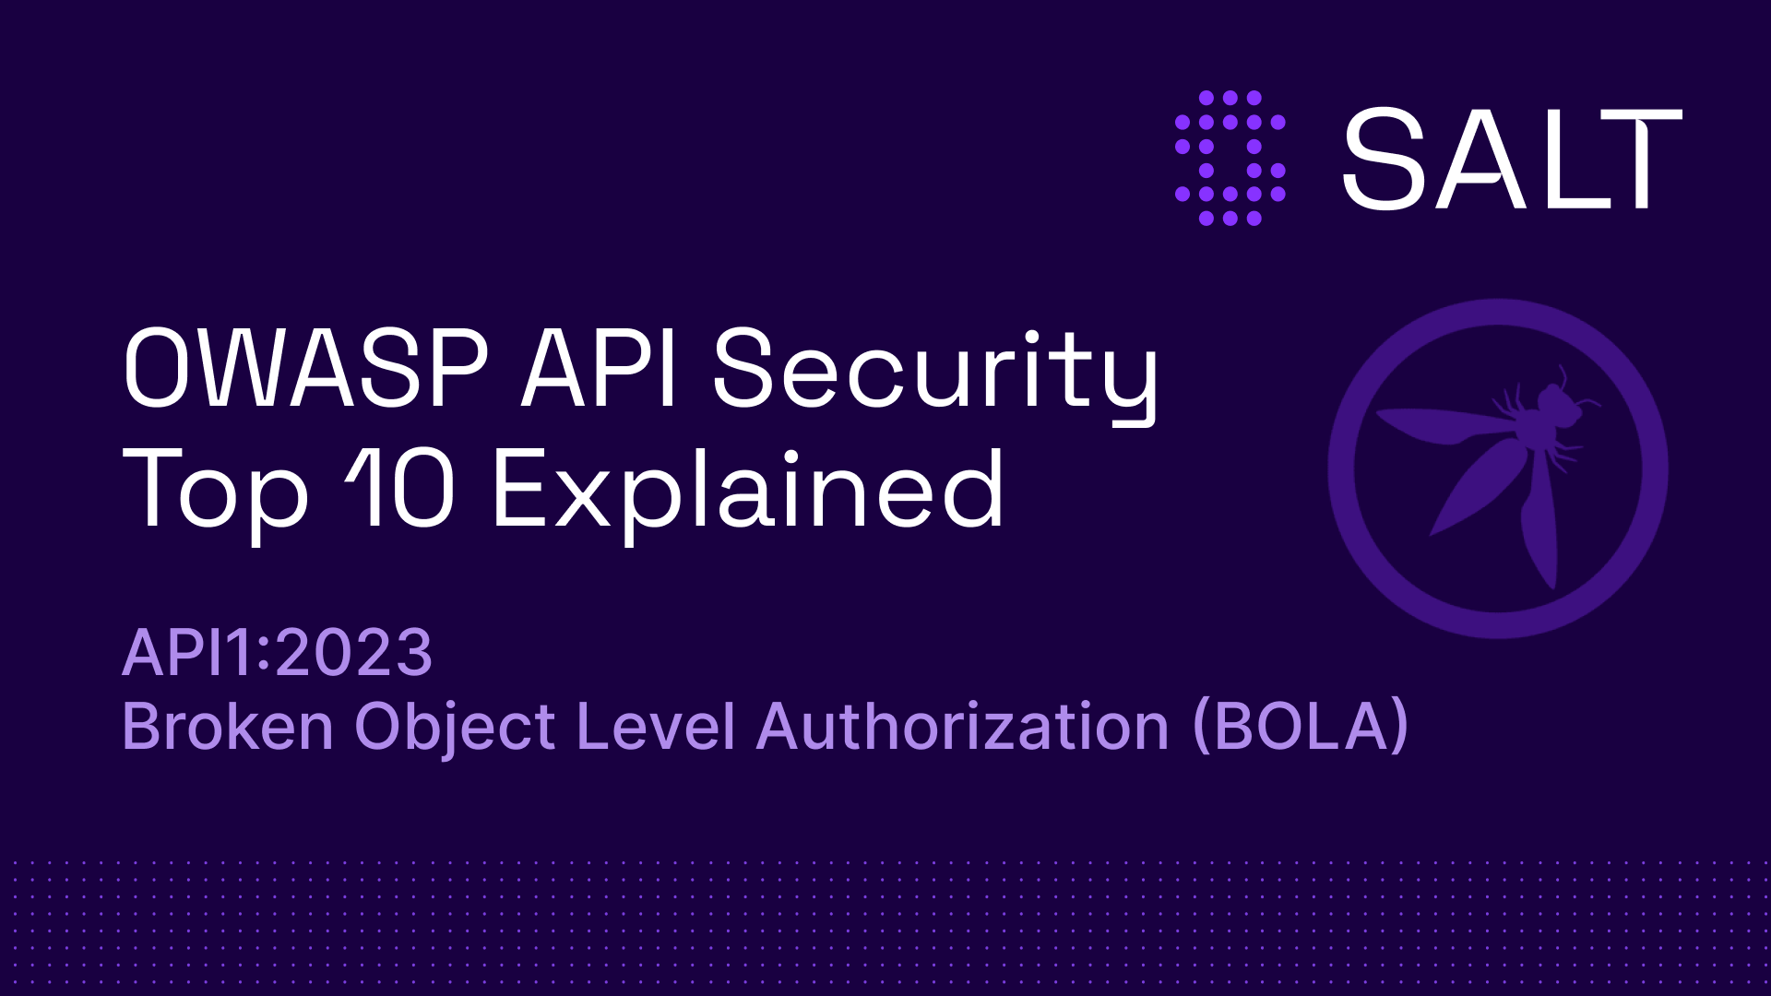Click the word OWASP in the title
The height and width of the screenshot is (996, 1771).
coord(305,369)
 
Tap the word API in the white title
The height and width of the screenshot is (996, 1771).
coord(600,369)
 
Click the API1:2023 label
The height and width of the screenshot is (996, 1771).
coord(277,653)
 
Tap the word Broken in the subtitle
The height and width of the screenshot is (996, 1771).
coord(227,727)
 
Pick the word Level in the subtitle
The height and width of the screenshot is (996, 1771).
coord(655,727)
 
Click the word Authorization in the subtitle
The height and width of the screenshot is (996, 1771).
coord(963,727)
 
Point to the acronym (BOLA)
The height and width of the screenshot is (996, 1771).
coord(1301,727)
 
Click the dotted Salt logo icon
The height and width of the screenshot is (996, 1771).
coord(1230,158)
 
